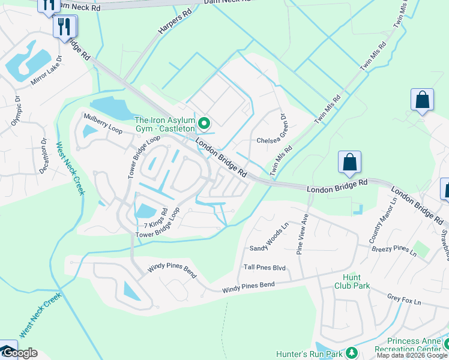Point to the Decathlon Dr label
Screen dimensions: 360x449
coord(44,158)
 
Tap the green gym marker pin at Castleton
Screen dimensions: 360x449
coord(204,124)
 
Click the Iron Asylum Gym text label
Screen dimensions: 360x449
coord(164,124)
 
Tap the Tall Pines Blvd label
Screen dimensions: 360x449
coord(264,268)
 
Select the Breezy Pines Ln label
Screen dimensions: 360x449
coord(394,251)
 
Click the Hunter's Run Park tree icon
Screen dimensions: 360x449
coord(353,352)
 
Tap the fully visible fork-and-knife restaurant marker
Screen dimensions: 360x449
coord(64,26)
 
